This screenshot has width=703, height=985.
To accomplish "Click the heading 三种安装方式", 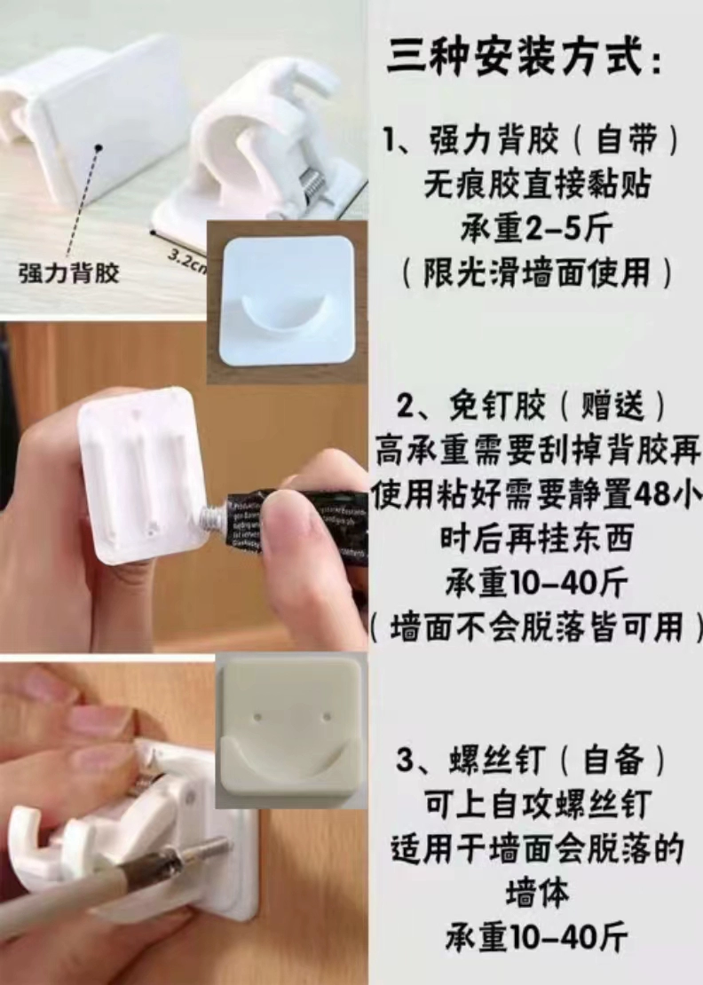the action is pyautogui.click(x=515, y=58).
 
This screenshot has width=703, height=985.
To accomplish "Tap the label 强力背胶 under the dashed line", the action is pyautogui.click(x=68, y=272).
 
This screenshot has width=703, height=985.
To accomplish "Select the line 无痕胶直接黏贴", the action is pyautogui.click(x=536, y=185).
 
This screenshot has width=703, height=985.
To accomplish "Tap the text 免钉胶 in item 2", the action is pyautogui.click(x=496, y=407).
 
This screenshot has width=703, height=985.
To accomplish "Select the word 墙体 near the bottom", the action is pyautogui.click(x=536, y=894).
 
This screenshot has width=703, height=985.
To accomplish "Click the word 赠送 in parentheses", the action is pyautogui.click(x=612, y=407).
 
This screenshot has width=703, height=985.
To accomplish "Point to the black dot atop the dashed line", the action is pyautogui.click(x=99, y=147).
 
